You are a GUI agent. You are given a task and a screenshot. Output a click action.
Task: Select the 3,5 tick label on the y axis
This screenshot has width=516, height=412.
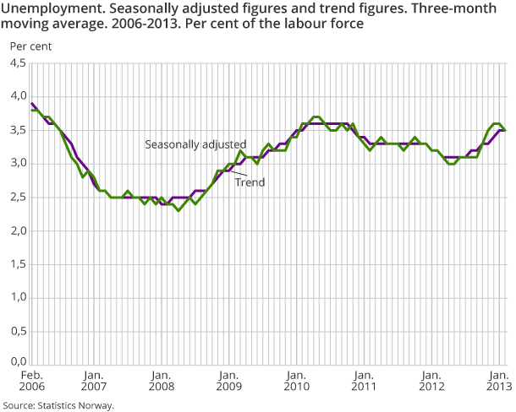click(17, 130)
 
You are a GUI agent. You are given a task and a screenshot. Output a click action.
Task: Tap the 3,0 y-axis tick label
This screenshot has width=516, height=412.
click(17, 164)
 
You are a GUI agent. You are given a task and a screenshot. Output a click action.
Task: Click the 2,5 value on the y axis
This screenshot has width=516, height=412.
click(17, 198)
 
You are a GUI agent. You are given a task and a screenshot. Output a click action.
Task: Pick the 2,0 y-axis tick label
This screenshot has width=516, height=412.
click(17, 231)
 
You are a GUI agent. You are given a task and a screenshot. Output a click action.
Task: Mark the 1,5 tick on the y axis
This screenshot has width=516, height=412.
click(17, 264)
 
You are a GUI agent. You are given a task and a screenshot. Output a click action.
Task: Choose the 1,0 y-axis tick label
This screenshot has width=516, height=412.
click(17, 298)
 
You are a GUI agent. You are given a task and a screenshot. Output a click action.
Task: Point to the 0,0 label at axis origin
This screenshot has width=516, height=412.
click(17, 363)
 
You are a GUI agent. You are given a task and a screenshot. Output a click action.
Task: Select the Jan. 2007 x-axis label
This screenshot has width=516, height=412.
click(93, 381)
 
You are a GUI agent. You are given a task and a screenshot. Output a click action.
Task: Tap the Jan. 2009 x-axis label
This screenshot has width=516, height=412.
click(228, 381)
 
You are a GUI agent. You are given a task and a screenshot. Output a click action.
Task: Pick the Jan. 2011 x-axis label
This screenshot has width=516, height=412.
click(363, 381)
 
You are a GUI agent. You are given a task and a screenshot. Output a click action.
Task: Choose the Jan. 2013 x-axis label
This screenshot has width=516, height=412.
click(497, 381)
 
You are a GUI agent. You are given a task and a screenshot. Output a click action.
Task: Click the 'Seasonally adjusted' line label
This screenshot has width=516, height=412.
click(195, 144)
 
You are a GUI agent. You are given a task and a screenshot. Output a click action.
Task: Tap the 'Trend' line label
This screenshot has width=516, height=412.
click(250, 181)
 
